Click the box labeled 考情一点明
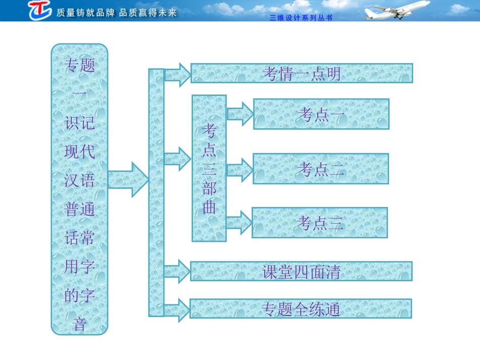(302, 74)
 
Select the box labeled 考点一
(321, 114)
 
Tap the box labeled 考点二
(321, 169)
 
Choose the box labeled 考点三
(320, 223)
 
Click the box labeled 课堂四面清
(301, 271)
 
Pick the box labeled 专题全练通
(301, 308)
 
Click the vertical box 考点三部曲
(209, 168)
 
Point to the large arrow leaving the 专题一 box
(128, 179)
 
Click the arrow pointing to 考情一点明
(177, 75)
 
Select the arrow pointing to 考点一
(240, 114)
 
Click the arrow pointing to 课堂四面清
(177, 271)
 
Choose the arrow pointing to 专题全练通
(177, 309)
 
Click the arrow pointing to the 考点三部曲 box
(177, 159)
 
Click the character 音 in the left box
(79, 324)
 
